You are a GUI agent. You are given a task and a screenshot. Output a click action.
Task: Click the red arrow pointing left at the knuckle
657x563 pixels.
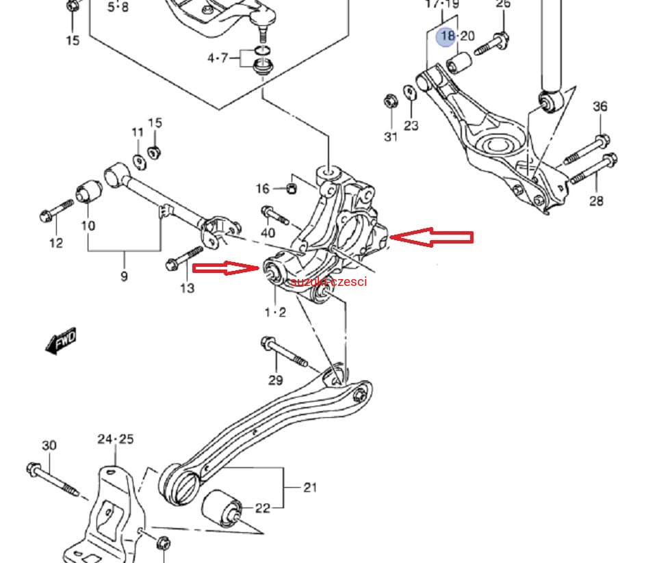(432, 237)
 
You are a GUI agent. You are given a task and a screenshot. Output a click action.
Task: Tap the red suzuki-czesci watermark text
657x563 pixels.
(328, 282)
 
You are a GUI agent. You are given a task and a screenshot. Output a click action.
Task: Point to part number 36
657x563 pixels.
(600, 107)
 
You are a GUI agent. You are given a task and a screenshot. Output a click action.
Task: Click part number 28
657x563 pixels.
(596, 200)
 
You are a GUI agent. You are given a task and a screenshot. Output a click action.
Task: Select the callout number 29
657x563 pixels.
(275, 381)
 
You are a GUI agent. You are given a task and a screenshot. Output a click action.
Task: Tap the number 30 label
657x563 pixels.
(49, 445)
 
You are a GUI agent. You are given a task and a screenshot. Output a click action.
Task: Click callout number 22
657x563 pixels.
(263, 508)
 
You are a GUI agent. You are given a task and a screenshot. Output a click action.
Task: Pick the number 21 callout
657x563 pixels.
(310, 487)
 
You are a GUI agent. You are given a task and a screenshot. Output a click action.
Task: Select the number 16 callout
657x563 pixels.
(263, 189)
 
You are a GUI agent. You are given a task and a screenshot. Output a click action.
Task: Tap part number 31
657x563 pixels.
(390, 137)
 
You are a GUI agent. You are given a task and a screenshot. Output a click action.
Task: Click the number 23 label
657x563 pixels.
(411, 126)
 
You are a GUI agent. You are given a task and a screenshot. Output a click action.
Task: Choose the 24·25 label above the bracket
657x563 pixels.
(115, 438)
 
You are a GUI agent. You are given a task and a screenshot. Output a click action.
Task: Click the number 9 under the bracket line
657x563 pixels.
(124, 277)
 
